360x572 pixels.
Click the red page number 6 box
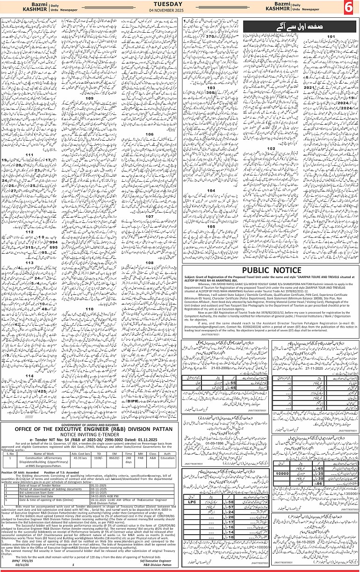click(x=349, y=7)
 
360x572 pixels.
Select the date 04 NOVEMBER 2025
click(x=180, y=10)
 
